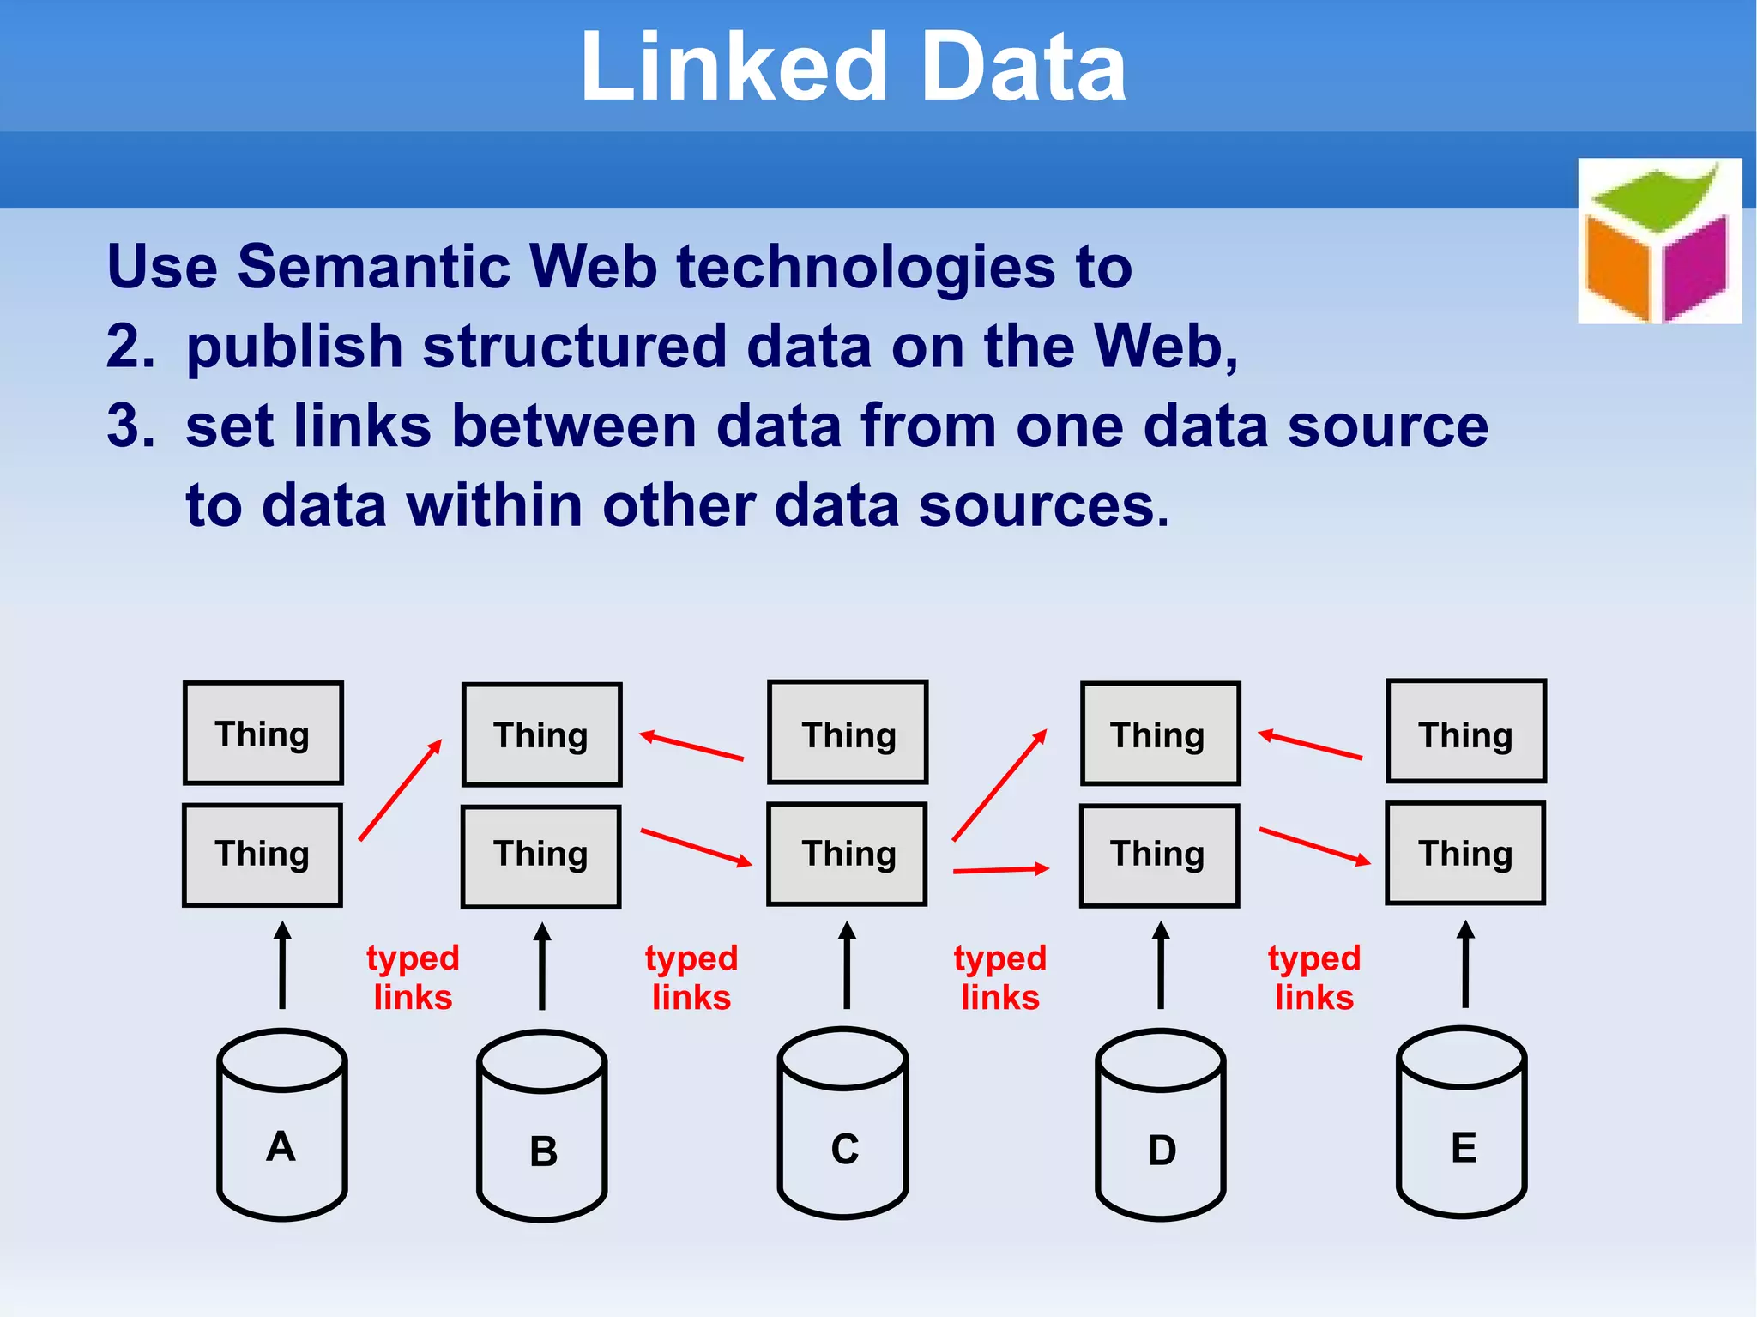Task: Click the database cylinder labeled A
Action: [x=281, y=1124]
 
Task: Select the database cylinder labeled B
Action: [x=542, y=1126]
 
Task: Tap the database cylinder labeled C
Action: [x=843, y=1123]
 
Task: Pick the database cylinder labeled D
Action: [x=1161, y=1125]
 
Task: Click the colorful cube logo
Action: [x=1659, y=241]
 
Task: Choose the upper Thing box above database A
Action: [x=263, y=734]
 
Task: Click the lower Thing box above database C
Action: [x=847, y=855]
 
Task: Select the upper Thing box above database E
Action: [x=1466, y=732]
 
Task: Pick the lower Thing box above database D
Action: [x=1159, y=855]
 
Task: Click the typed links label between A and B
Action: [x=413, y=977]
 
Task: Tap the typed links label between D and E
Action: [x=1314, y=977]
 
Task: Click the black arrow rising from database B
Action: [x=542, y=966]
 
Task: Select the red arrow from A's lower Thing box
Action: [x=400, y=790]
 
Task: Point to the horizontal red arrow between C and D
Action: [x=1000, y=870]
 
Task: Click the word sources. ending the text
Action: [x=1043, y=505]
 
